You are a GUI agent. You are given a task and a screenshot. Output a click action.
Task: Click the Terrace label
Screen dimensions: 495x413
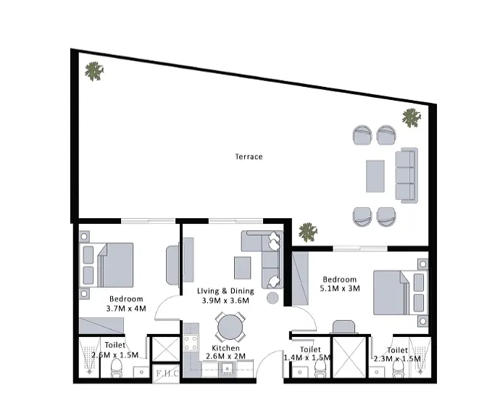[x=249, y=157]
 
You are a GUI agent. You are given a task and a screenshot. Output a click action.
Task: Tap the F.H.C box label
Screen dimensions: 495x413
[x=167, y=374]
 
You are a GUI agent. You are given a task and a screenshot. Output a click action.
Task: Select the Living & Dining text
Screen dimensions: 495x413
[x=225, y=291]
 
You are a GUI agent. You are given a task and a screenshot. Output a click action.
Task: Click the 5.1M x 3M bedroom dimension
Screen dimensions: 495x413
[x=340, y=288]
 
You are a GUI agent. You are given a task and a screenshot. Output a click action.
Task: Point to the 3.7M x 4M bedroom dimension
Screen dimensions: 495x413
[x=126, y=308]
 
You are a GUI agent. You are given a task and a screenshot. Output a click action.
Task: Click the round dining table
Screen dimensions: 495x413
[x=230, y=327]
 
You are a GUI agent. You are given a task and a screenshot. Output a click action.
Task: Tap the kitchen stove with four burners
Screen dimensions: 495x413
[x=191, y=343]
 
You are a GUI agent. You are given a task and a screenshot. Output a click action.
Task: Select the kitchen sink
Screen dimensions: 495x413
[x=228, y=369]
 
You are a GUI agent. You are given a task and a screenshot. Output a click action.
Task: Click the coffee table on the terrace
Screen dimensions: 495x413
[x=375, y=176]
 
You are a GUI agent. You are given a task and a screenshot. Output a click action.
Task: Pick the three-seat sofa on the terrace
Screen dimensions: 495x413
[x=407, y=175]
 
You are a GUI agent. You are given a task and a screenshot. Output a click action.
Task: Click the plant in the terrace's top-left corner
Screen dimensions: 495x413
[x=94, y=71]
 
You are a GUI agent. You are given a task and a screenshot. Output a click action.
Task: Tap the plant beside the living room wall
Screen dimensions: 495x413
[x=308, y=232]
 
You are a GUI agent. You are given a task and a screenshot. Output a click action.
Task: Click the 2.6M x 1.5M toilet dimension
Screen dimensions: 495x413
[x=115, y=355]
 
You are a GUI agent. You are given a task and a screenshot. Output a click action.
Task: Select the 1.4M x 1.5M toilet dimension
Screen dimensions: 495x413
[x=307, y=358]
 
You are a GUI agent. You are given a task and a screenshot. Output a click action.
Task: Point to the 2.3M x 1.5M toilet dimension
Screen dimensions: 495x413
[x=397, y=359]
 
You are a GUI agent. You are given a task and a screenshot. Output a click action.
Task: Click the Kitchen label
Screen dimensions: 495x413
[x=225, y=348]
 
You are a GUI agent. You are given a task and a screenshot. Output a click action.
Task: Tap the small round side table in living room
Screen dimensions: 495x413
[x=273, y=298]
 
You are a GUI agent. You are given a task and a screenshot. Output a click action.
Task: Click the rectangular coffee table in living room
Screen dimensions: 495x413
[x=243, y=268]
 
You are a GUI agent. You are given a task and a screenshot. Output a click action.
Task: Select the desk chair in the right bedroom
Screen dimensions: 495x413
[x=344, y=327]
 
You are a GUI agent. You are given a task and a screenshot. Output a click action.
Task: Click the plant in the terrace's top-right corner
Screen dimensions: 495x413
[x=412, y=118]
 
